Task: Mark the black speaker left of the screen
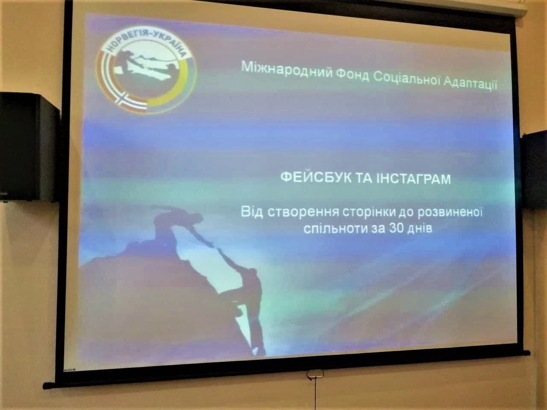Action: (x=27, y=146)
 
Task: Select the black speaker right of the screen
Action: (x=534, y=169)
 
